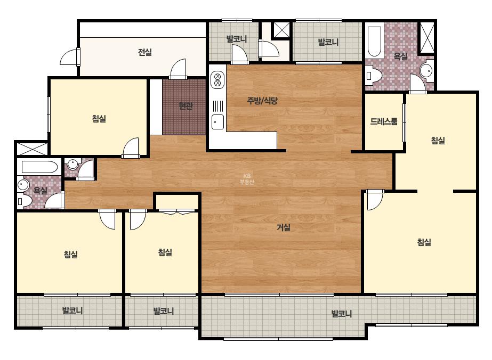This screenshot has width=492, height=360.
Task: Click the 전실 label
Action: [x=145, y=52]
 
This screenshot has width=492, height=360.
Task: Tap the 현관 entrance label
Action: [x=185, y=106]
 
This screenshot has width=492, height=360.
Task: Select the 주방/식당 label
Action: [x=262, y=101]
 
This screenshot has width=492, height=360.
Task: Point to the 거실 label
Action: [x=284, y=227]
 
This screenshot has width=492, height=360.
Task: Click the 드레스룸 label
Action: [x=384, y=121]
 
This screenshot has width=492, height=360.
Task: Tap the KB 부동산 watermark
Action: [x=247, y=179]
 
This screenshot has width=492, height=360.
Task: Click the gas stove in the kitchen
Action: [x=217, y=79]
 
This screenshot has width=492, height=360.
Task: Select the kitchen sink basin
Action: [x=218, y=122]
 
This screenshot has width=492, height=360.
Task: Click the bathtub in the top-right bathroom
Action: [x=374, y=42]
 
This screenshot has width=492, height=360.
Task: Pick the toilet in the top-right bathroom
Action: [x=373, y=76]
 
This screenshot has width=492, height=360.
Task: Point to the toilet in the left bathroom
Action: [x=24, y=201]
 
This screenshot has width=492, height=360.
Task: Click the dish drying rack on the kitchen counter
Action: [x=218, y=106]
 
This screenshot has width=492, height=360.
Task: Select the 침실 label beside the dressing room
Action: [x=438, y=140]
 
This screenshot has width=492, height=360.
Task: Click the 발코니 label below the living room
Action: [x=342, y=314]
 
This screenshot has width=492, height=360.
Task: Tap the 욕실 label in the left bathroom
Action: [x=40, y=190]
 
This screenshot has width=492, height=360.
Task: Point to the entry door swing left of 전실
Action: [x=69, y=57]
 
